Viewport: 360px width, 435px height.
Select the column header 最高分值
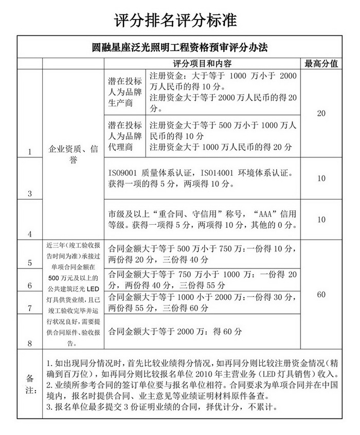(321, 64)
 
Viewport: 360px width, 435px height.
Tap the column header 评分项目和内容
(202, 64)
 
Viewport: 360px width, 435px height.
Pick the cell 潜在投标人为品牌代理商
(124, 136)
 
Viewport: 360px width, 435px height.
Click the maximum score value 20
(321, 113)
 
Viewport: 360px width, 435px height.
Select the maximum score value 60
(321, 295)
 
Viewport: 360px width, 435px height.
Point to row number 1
(30, 152)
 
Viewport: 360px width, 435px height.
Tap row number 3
(30, 193)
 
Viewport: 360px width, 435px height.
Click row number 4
(30, 233)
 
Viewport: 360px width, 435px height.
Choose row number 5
(30, 263)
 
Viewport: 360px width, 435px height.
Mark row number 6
(30, 285)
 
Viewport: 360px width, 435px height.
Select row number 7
(30, 308)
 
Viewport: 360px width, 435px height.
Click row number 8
(30, 342)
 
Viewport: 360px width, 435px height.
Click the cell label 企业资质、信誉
(73, 154)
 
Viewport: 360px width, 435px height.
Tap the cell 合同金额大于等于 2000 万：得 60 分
(175, 332)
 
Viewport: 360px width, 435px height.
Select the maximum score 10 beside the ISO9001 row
(321, 178)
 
